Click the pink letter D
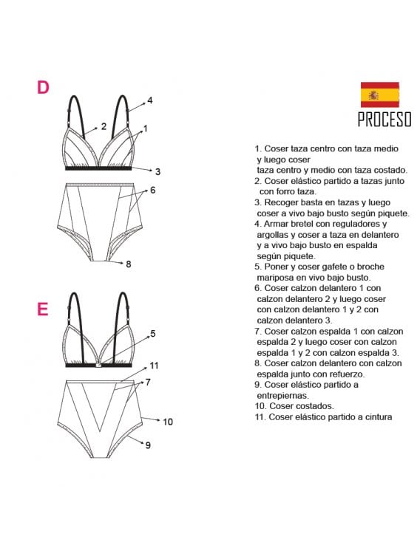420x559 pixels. [43, 87]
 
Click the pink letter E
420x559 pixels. [43, 309]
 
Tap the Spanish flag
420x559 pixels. [379, 95]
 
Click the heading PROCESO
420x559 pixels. [384, 119]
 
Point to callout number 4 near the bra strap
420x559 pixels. [149, 100]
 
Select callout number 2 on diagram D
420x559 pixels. [104, 126]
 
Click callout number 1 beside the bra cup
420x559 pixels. [145, 128]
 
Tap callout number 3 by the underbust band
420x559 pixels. [157, 171]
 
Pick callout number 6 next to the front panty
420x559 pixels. [152, 190]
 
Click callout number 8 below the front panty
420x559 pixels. [128, 264]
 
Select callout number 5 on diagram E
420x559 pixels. [152, 333]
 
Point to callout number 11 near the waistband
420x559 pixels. [154, 365]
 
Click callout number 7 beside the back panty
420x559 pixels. [148, 382]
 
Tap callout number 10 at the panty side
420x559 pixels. [167, 422]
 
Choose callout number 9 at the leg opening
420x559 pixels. [147, 445]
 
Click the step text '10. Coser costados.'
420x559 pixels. [292, 406]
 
